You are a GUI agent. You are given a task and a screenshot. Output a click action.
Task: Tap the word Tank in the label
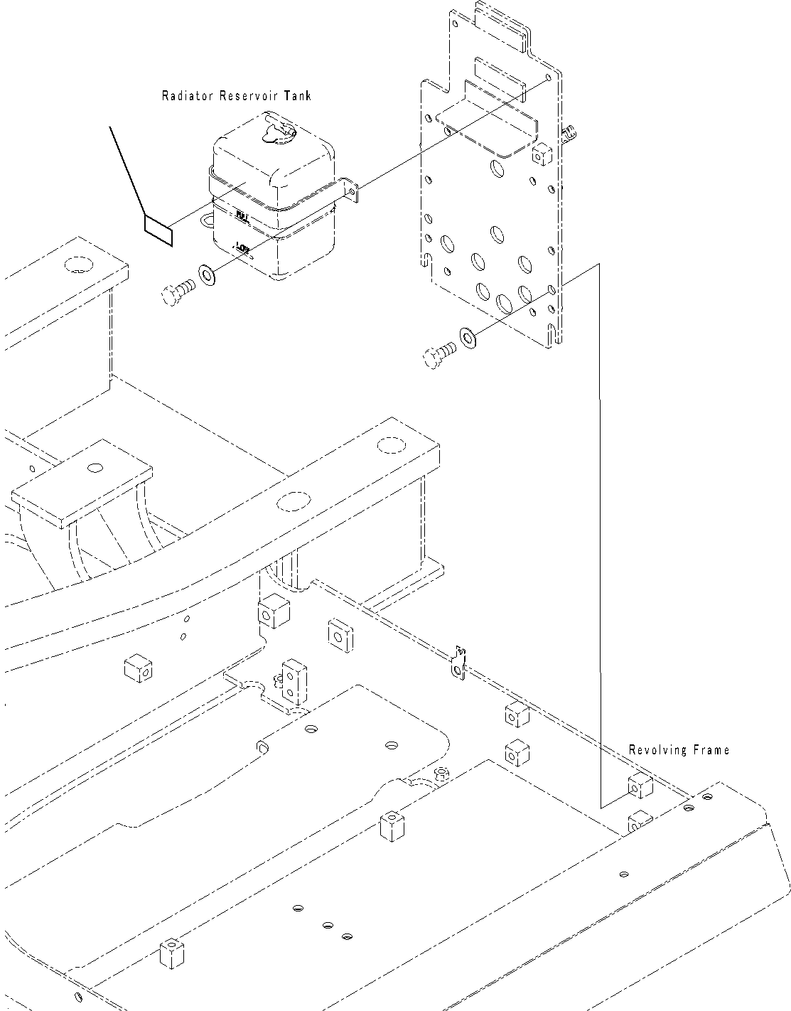click(x=298, y=96)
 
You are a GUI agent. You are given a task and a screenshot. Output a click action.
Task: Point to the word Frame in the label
click(x=711, y=750)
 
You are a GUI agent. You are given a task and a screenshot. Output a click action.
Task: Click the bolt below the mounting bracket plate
click(x=438, y=354)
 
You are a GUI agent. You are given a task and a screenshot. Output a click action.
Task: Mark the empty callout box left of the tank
click(x=158, y=230)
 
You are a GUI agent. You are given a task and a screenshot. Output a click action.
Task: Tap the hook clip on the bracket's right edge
click(x=568, y=133)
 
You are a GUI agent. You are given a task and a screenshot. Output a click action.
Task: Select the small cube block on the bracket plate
click(x=542, y=153)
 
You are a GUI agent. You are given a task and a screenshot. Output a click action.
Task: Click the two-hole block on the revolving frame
click(x=292, y=680)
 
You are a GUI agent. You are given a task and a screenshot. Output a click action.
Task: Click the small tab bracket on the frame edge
click(x=460, y=662)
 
